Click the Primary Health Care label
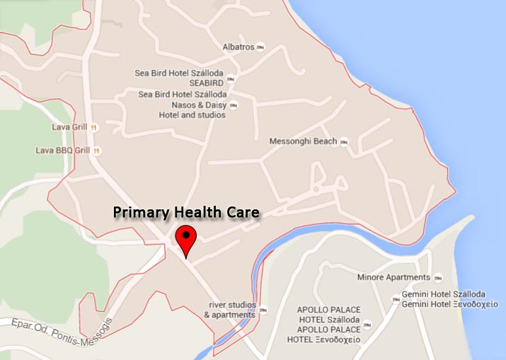[187, 212]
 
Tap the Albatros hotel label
[238, 47]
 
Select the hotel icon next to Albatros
[261, 47]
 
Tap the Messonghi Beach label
[303, 141]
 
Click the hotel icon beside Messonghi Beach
[344, 141]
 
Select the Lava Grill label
[69, 127]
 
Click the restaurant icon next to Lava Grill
[93, 127]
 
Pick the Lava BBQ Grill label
[63, 150]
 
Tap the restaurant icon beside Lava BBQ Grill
[96, 150]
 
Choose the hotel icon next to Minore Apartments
[437, 277]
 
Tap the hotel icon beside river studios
[263, 310]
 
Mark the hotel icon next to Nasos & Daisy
[234, 105]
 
